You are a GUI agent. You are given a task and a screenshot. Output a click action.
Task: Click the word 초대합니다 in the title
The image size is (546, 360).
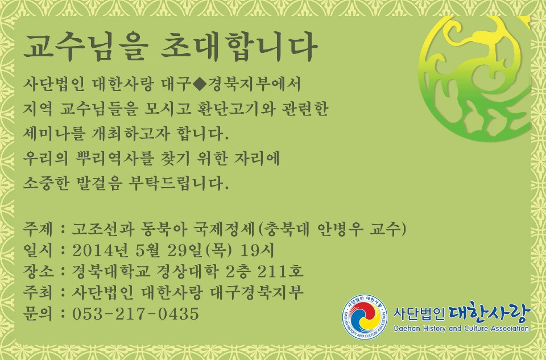[x=239, y=47]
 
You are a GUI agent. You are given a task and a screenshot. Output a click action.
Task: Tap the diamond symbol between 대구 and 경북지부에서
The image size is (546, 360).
[x=198, y=84]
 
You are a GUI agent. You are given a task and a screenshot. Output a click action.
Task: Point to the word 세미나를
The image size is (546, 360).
[x=54, y=133]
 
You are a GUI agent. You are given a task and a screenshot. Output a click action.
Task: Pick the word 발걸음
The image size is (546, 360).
[x=98, y=183]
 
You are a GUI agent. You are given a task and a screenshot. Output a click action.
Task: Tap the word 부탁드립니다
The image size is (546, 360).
[x=179, y=183]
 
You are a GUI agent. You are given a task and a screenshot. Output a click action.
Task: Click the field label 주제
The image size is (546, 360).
[x=38, y=229]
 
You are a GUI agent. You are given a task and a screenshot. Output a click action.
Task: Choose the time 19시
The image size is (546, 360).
[x=257, y=250]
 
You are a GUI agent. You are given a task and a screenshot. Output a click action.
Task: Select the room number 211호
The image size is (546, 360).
[x=280, y=271]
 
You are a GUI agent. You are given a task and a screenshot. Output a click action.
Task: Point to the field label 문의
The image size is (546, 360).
[x=38, y=313]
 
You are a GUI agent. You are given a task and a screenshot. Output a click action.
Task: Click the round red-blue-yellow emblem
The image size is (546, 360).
[x=365, y=317]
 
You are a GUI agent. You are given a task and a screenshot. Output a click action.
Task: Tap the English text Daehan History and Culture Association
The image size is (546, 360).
[x=461, y=328]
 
